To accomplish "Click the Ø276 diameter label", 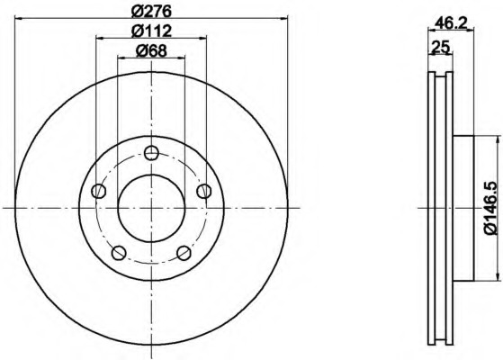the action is tap(152, 11).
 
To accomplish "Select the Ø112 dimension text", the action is tap(152, 31).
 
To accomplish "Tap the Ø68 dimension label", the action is tap(151, 50).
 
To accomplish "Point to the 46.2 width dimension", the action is tap(451, 22).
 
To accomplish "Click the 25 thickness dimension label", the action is tap(442, 47).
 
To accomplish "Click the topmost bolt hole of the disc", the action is tap(151, 153).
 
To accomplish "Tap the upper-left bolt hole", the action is tap(99, 191).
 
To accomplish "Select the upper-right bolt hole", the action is tap(204, 191).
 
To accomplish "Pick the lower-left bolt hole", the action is tap(119, 253).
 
